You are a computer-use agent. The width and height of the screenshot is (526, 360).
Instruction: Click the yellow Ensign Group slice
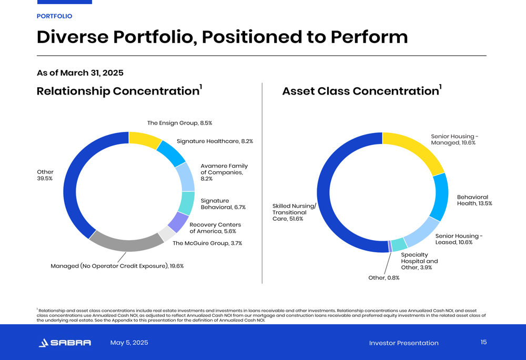pos(145,139)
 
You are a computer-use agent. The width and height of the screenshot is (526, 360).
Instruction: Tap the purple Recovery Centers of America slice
pos(177,222)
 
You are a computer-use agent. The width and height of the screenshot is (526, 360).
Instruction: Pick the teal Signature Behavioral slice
pos(186,203)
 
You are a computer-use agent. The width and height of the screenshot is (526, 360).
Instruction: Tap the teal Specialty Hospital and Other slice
pos(399,244)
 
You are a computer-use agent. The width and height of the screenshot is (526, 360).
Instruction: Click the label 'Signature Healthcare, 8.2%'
pos(215,141)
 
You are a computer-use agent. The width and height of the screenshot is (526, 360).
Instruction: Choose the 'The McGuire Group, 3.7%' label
pos(207,243)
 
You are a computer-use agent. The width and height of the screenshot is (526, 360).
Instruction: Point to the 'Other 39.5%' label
pos(45,175)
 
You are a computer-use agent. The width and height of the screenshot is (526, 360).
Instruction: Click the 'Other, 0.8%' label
pos(383,277)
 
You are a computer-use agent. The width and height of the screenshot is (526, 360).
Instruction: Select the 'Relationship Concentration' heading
pos(118,91)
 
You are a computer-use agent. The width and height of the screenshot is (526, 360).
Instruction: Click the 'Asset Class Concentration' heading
pos(360,91)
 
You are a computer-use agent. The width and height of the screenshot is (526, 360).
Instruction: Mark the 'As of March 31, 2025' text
pos(80,73)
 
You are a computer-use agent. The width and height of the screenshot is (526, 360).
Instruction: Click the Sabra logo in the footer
pos(65,343)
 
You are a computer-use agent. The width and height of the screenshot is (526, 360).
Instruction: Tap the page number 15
pos(483,342)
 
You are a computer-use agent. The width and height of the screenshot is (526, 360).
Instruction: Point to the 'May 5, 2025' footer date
pos(129,343)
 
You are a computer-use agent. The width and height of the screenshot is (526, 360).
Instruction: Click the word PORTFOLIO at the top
pos(54,16)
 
